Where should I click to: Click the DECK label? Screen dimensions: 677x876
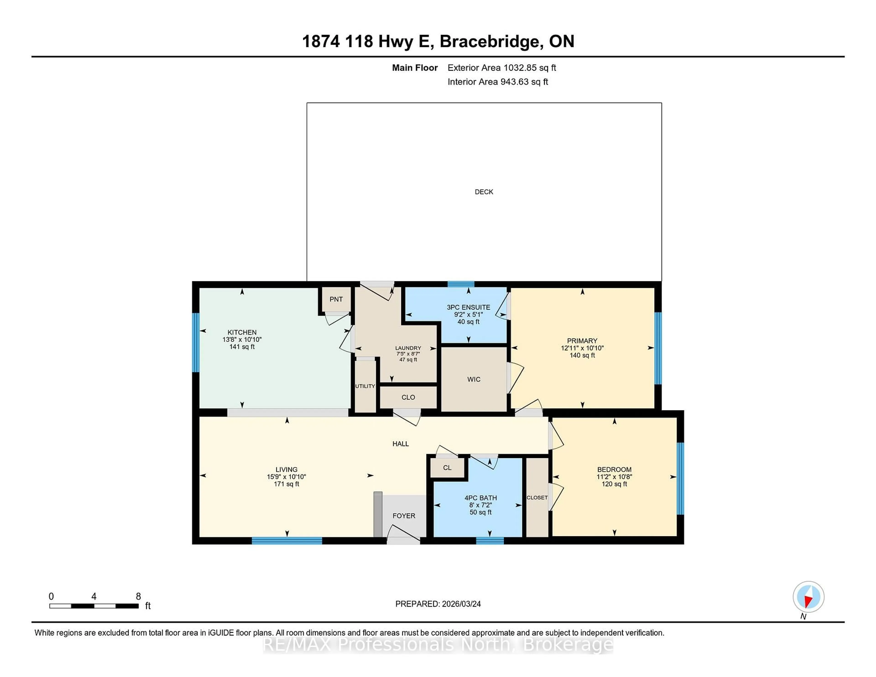point(484,192)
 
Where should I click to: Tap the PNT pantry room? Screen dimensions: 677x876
point(336,299)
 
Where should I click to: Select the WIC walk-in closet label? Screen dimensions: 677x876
point(474,379)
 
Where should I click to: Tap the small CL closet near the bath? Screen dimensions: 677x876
point(447,468)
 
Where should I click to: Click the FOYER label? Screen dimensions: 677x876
point(404,516)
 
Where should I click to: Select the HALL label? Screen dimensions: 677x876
point(400,444)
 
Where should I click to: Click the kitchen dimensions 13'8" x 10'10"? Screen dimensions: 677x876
point(242,339)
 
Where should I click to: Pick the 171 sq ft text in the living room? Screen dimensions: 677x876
point(286,484)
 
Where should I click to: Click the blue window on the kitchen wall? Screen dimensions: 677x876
point(196,342)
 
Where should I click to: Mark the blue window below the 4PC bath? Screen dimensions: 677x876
point(490,541)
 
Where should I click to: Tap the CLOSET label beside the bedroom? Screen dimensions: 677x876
point(537,498)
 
